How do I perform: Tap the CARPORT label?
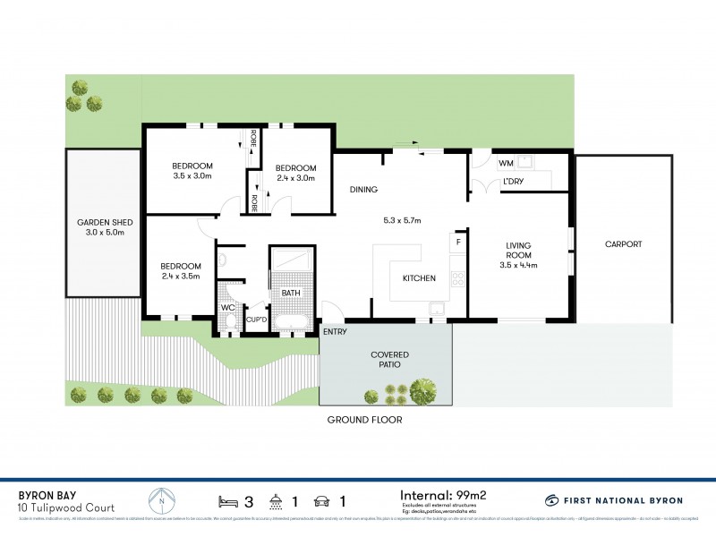623,243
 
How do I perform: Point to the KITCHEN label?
419,278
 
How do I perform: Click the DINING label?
364,190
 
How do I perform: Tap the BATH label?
291,293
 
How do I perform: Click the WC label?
227,308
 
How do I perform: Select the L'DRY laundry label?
513,182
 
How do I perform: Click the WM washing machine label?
506,163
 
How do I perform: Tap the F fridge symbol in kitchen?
458,242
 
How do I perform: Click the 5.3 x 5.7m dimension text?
401,220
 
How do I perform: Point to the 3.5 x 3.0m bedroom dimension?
192,176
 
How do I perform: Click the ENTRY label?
337,332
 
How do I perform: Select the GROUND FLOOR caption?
364,420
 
